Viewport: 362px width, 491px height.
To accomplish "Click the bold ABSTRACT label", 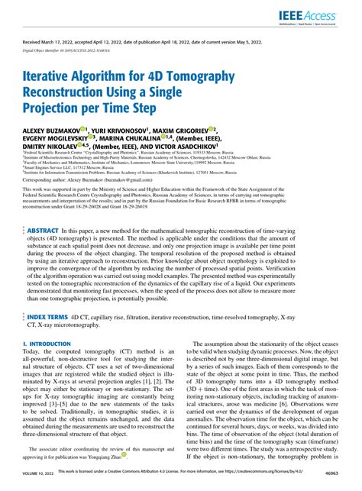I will click(x=42, y=208).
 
